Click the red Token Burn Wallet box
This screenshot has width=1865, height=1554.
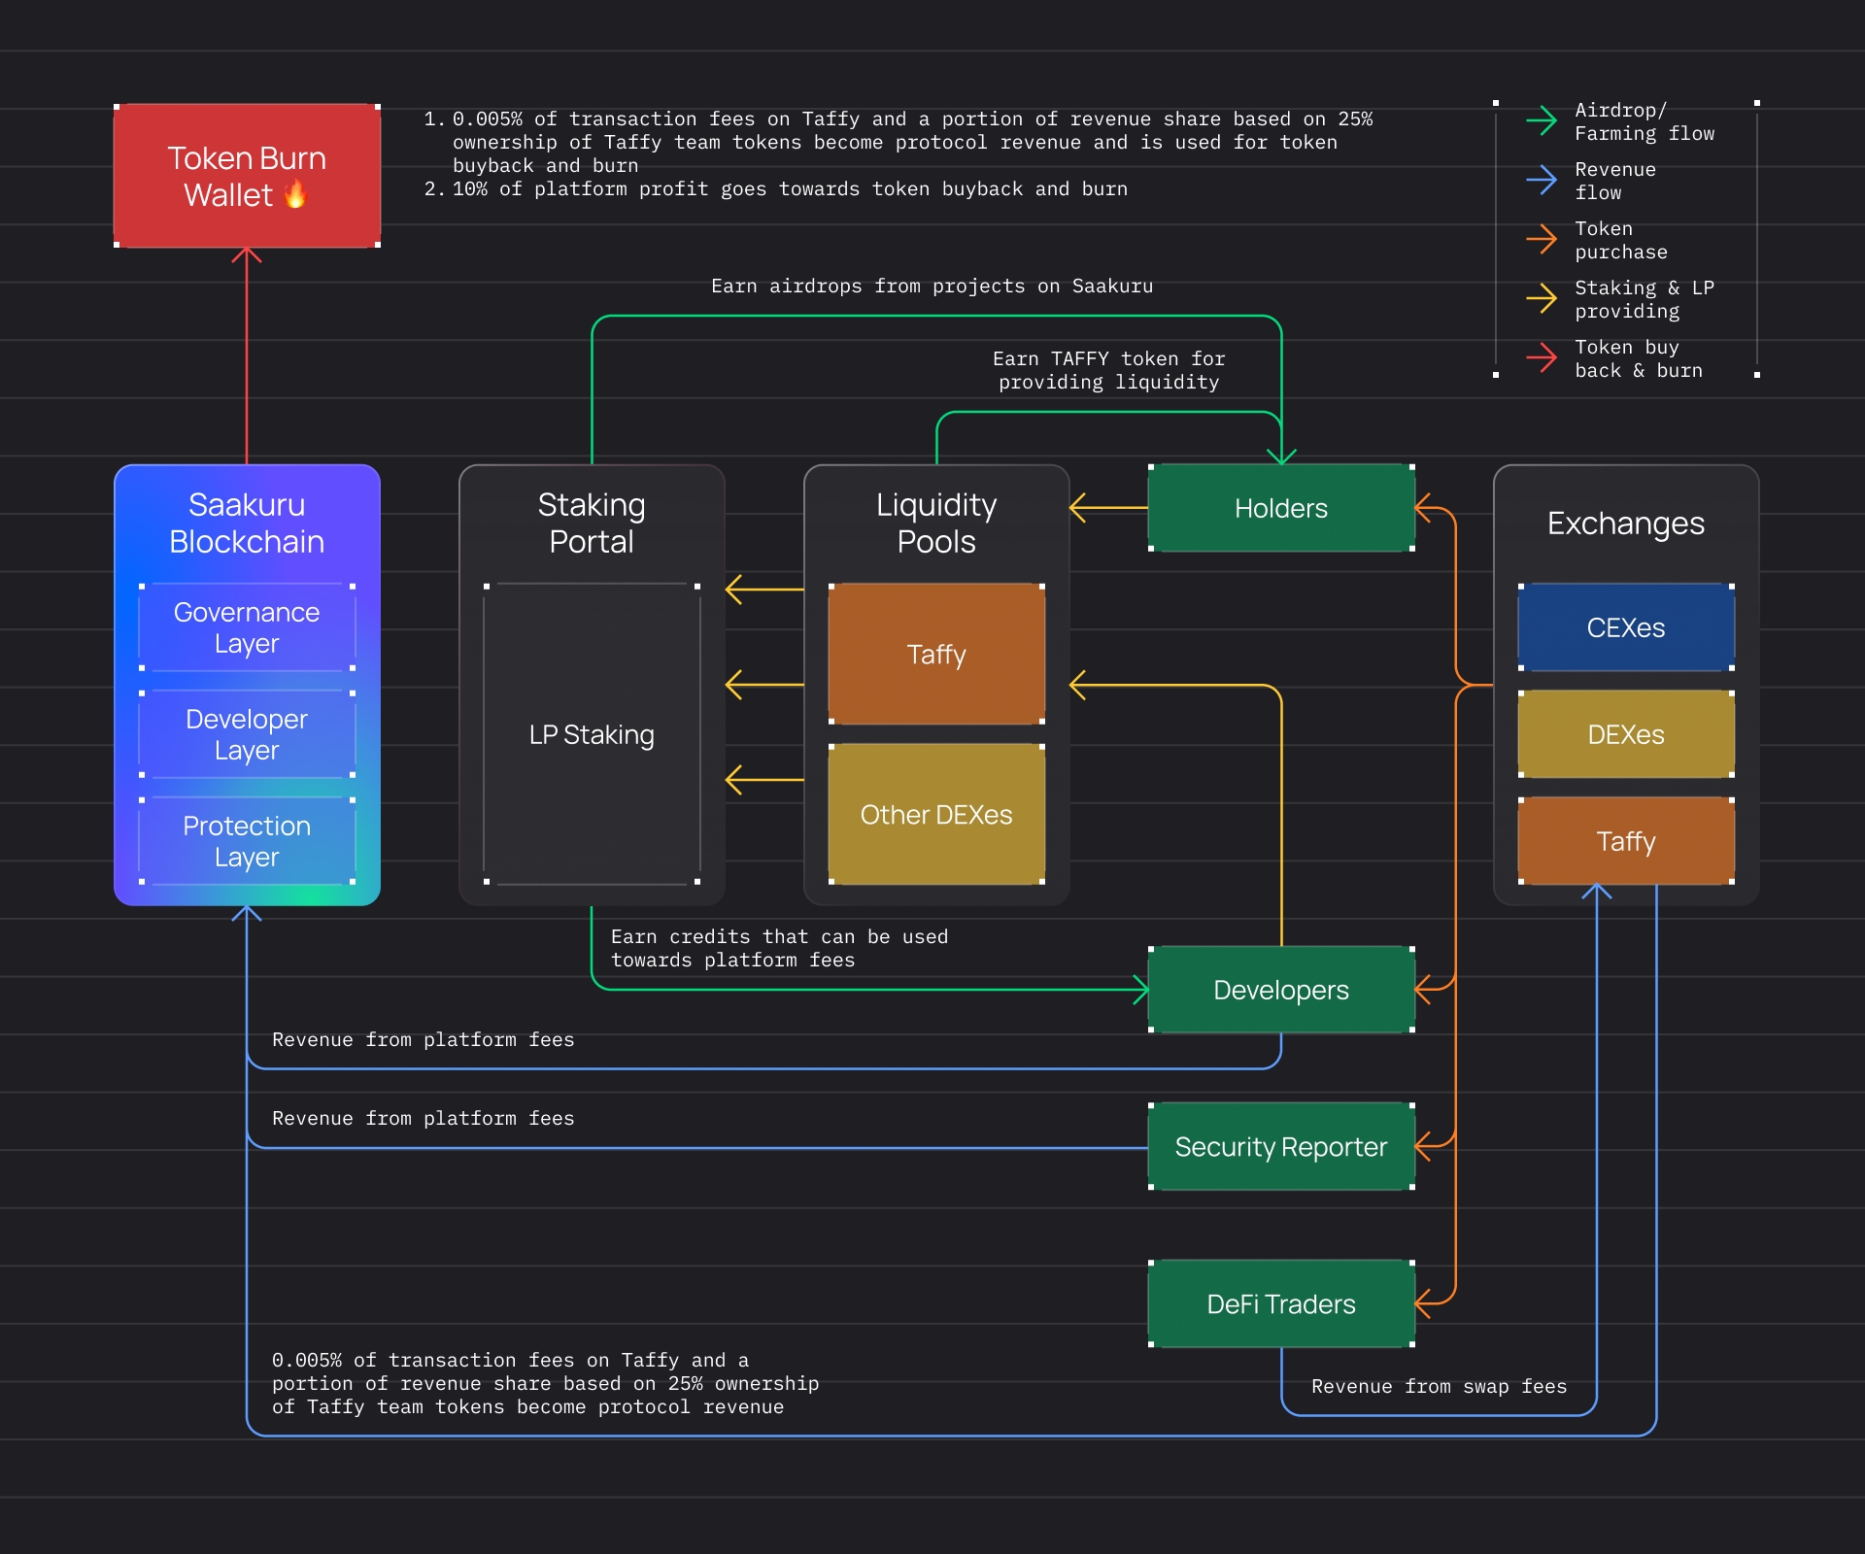point(247,176)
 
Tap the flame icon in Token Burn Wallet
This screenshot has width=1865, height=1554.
point(295,194)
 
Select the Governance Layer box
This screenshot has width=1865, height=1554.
point(247,627)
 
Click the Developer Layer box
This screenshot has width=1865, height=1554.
point(247,734)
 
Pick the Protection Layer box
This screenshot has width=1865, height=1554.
point(247,841)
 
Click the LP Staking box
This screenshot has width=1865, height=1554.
point(592,734)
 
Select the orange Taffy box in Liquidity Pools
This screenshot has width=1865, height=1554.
point(936,654)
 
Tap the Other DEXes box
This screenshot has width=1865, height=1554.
point(936,814)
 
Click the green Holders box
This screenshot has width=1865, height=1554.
point(1281,508)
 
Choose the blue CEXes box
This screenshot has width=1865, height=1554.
point(1626,627)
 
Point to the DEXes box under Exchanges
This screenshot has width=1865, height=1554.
point(1626,734)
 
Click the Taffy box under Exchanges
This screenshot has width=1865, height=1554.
point(1626,841)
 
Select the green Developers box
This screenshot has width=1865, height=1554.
point(1281,990)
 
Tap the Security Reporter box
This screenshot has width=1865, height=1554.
point(1281,1147)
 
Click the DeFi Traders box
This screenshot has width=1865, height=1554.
point(1281,1303)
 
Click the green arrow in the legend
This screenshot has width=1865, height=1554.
point(1542,121)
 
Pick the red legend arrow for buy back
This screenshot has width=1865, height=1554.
point(1542,358)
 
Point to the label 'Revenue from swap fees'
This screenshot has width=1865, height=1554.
point(1439,1386)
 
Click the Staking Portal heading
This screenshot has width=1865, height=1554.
point(592,523)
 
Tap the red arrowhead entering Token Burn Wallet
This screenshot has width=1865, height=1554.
point(247,254)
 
